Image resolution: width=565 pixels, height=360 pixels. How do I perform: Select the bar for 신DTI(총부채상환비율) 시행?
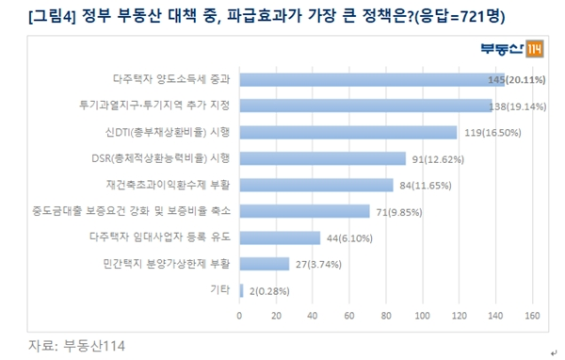pyautogui.click(x=348, y=132)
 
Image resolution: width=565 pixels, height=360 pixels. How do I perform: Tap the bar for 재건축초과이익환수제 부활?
pyautogui.click(x=316, y=185)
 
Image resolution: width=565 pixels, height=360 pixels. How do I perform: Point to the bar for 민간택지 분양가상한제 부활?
pyautogui.click(x=265, y=264)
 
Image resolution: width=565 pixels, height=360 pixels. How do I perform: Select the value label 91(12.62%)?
pyautogui.click(x=442, y=158)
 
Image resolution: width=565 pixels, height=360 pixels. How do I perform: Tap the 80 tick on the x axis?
pyautogui.click(x=386, y=314)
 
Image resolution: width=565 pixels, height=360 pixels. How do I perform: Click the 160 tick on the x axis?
pyautogui.click(x=532, y=314)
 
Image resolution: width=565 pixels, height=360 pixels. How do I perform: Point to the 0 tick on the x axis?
pyautogui.click(x=240, y=314)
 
